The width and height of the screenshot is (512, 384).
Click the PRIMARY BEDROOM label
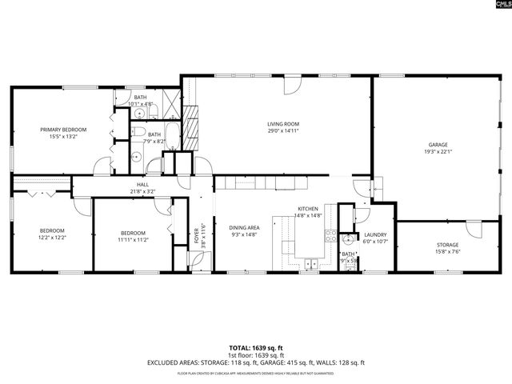(x=63, y=129)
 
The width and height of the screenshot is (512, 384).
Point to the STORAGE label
(x=447, y=245)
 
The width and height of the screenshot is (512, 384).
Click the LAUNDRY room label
(x=374, y=234)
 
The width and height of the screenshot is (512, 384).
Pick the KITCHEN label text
(x=308, y=208)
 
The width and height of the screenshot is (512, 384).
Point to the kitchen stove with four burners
(x=330, y=235)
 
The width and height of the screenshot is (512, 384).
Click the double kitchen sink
(x=310, y=263)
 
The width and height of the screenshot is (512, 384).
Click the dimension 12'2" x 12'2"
(x=52, y=238)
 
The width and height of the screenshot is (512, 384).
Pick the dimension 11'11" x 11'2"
(x=133, y=239)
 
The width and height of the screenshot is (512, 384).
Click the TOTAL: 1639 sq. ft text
(x=256, y=348)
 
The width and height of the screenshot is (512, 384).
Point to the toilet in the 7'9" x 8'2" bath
(x=138, y=133)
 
